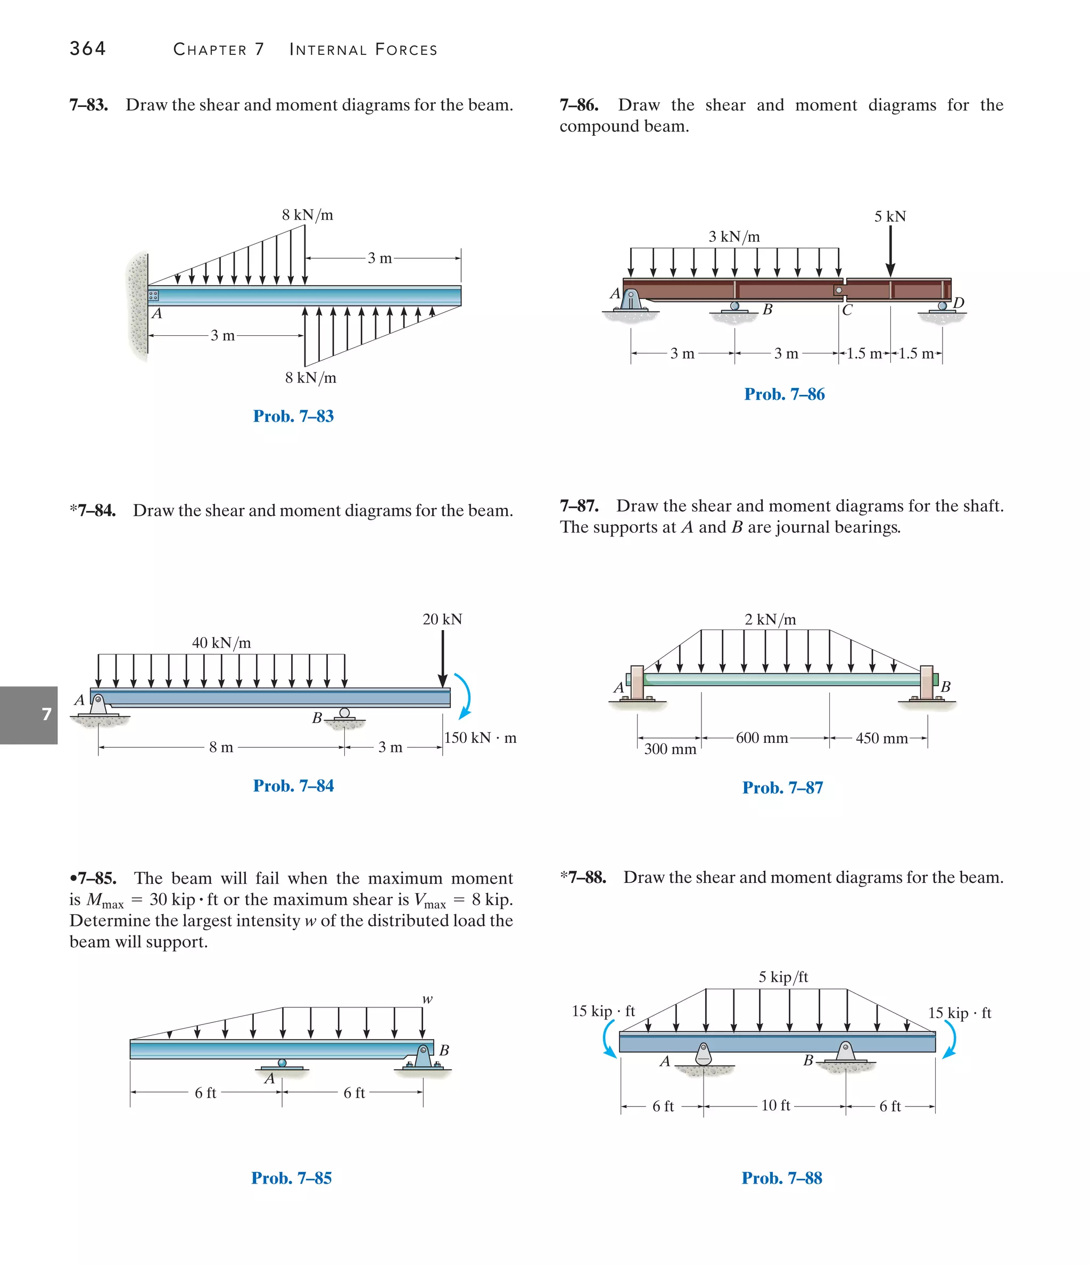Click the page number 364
(x=87, y=48)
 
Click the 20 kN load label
(x=442, y=619)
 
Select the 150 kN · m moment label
(x=480, y=738)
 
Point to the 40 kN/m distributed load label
(x=221, y=642)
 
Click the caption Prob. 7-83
(x=293, y=416)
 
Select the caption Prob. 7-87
(x=782, y=788)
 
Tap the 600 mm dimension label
(x=762, y=738)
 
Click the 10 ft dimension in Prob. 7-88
(x=775, y=1105)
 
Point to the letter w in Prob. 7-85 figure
(x=427, y=999)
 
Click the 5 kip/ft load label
(x=783, y=977)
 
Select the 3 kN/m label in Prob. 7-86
(x=734, y=236)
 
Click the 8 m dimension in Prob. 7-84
(x=221, y=747)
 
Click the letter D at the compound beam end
(x=958, y=302)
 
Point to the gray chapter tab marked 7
(x=29, y=715)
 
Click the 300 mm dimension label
(x=670, y=749)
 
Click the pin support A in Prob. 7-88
(x=704, y=1054)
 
